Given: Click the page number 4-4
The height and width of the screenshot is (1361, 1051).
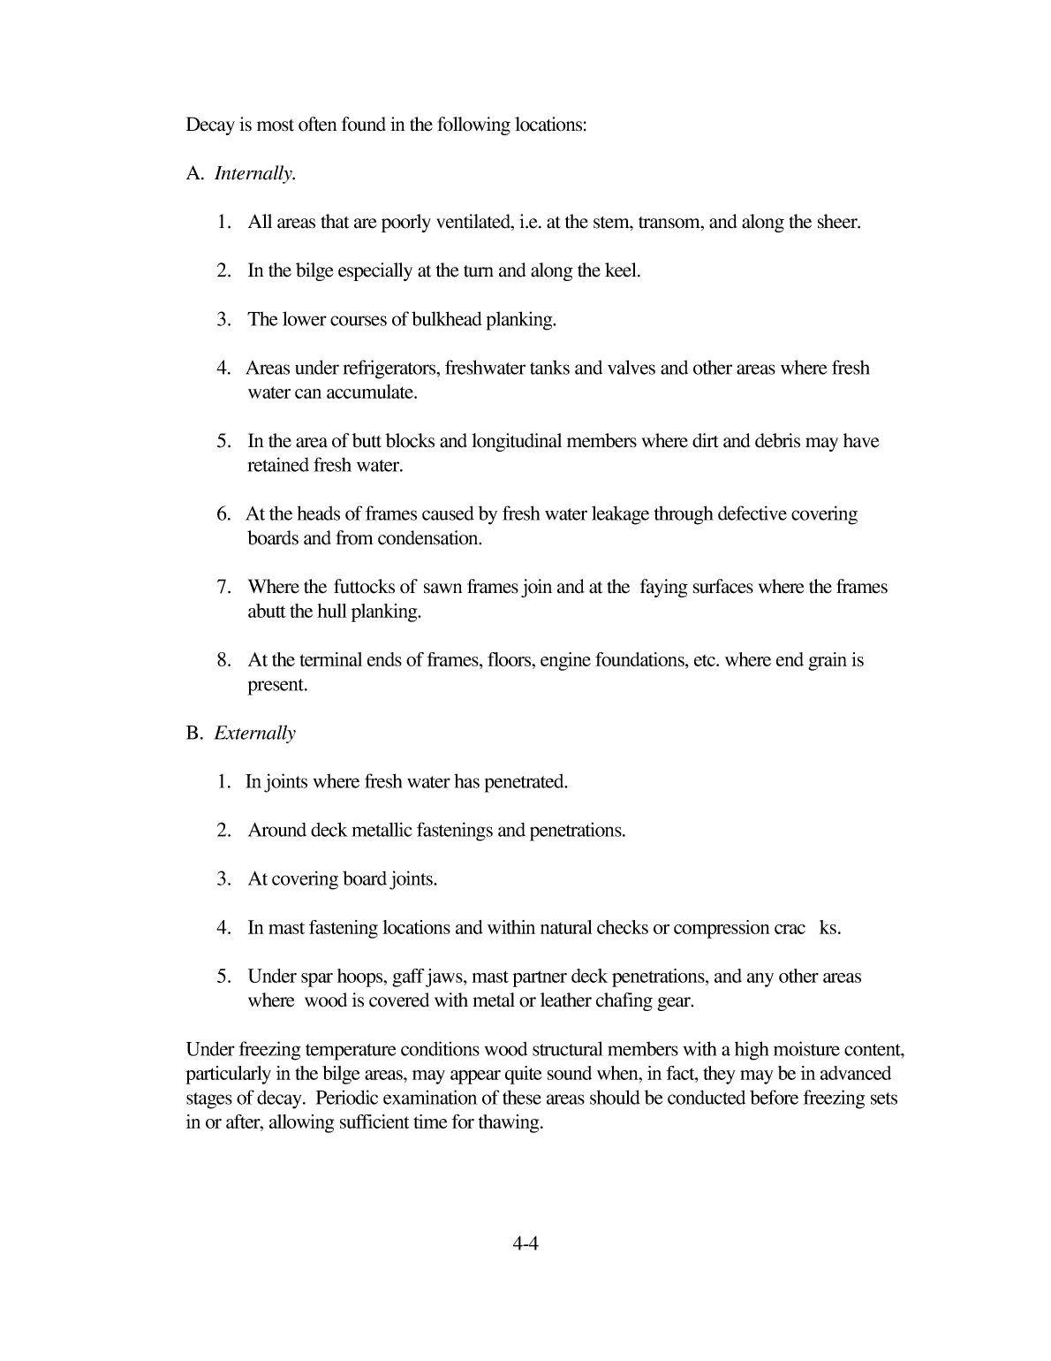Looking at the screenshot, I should [x=525, y=1244].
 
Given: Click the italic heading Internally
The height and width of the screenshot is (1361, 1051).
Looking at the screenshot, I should [x=254, y=174].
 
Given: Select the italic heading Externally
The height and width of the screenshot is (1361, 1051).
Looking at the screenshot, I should [x=254, y=734].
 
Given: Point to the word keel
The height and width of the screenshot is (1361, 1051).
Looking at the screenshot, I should [x=621, y=271].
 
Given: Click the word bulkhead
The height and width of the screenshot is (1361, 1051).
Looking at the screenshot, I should [x=453, y=320].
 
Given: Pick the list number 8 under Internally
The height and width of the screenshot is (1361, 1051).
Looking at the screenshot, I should [x=224, y=660].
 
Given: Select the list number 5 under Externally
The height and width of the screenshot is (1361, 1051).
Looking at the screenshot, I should [x=224, y=977].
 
